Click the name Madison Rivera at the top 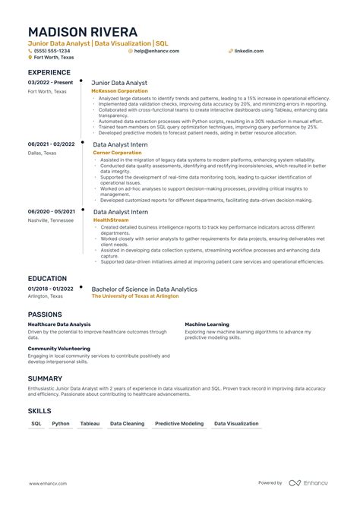tap(83, 32)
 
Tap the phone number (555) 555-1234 tap(52, 51)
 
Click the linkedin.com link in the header tap(248, 51)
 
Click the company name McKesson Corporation tap(120, 90)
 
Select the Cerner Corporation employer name tap(117, 152)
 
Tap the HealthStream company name tap(110, 220)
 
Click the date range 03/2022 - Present tap(51, 82)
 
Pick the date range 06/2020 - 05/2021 tap(52, 211)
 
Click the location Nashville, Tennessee tap(51, 220)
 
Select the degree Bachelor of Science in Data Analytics tap(144, 289)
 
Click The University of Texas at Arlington tap(135, 296)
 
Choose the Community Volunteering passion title tap(58, 349)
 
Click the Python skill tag tap(61, 423)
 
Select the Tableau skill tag tap(90, 423)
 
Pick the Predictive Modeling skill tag tap(179, 423)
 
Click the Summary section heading tap(45, 378)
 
